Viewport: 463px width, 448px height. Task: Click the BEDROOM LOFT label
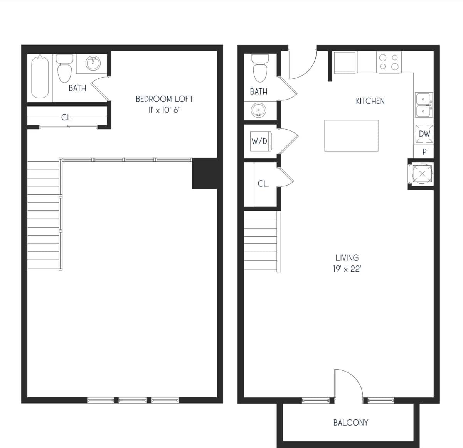164,99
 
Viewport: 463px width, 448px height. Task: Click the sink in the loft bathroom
93,63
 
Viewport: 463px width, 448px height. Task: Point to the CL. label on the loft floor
67,118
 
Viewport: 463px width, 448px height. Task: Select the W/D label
259,141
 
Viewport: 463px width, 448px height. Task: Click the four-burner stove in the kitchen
389,62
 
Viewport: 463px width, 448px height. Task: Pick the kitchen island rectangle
351,135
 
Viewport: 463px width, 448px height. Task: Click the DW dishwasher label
424,134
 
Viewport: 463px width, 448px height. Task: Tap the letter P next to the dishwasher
424,152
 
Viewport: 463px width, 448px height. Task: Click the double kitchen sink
423,105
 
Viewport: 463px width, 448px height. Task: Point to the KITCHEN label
370,101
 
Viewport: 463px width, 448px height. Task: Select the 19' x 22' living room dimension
347,269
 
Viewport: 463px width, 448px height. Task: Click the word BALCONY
350,423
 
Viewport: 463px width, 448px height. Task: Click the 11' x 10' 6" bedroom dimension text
164,110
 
